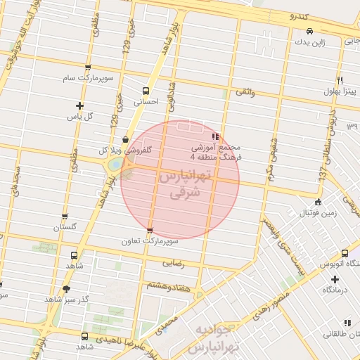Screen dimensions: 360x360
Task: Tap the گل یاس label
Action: (79, 115)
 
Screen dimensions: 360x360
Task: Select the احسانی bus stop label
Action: (146, 101)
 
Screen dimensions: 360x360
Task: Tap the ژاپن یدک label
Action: (310, 43)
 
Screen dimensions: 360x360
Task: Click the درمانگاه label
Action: (335, 290)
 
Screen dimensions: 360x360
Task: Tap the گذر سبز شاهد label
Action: (66, 299)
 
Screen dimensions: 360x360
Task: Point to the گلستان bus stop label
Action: (65, 227)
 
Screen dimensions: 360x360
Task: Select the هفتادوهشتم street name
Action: (168, 285)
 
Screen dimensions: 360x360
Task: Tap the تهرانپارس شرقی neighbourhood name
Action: (181, 184)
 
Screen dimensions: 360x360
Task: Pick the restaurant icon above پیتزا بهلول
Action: (340, 80)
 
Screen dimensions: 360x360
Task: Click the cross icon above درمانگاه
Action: (335, 279)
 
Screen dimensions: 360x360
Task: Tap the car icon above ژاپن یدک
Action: (310, 32)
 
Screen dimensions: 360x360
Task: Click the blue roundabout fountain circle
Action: (113, 166)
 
